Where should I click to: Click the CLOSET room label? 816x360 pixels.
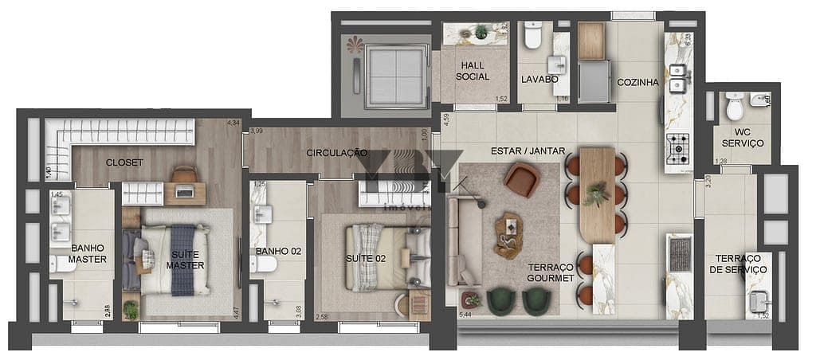tap(124, 162)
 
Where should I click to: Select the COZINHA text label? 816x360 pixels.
tap(637, 82)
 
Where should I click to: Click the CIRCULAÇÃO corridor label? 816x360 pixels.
tap(337, 152)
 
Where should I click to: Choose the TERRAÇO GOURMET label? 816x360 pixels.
tap(551, 272)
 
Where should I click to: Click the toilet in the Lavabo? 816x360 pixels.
tap(532, 34)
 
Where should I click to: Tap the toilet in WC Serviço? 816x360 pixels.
tap(735, 105)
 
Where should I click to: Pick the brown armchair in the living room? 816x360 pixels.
tap(522, 180)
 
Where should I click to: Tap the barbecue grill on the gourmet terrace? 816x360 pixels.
tap(680, 254)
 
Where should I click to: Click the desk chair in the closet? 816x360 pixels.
tap(183, 174)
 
